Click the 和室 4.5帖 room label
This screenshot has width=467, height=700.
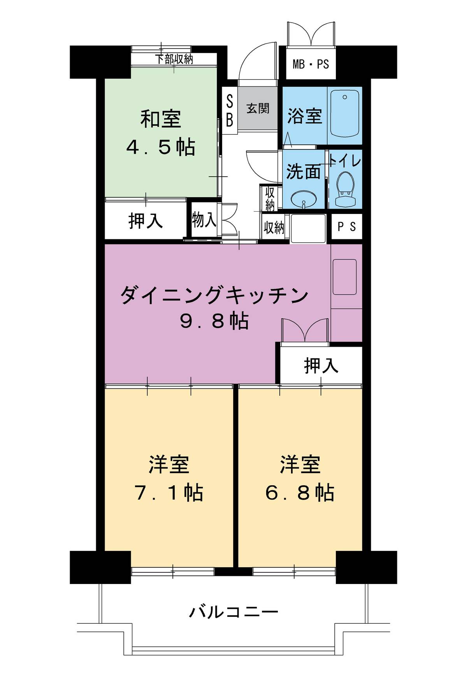point(160,133)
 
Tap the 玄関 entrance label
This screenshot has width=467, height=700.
point(258,108)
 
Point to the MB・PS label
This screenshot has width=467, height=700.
point(311,64)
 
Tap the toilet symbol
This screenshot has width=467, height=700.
point(345,189)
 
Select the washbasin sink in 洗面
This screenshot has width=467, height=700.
point(302,198)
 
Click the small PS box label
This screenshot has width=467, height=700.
point(346,226)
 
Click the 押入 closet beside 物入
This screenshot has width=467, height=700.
point(145,221)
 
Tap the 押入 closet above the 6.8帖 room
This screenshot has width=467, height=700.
point(321,365)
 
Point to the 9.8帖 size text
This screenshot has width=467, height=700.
point(214,321)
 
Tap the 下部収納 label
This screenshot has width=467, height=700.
point(174,60)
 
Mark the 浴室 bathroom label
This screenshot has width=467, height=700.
point(304,116)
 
